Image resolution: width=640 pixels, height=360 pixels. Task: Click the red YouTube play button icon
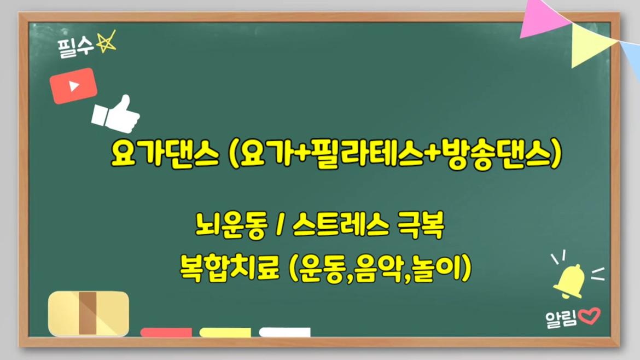(x=73, y=86)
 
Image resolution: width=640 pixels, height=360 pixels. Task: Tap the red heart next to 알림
(x=589, y=316)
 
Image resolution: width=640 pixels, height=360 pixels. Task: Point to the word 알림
(x=561, y=318)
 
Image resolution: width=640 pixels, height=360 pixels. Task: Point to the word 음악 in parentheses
(x=377, y=268)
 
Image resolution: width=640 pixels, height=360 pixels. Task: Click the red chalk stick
(x=166, y=332)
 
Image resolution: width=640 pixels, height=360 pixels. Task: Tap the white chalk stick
(x=284, y=332)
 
